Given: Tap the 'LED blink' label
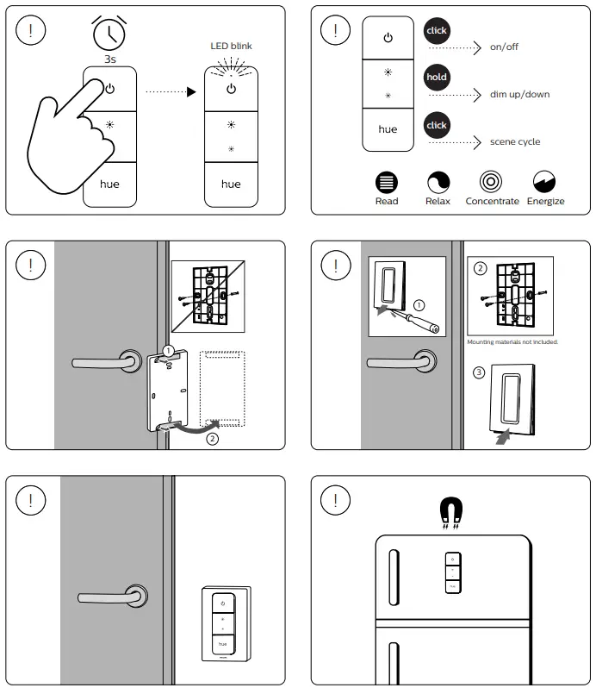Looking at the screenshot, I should [231, 46].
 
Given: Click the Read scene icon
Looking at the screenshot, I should [387, 182].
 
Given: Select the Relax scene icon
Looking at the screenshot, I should [438, 182].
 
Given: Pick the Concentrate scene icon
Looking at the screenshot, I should [492, 182].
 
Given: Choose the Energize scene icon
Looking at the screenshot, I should [544, 182].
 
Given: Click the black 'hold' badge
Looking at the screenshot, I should [437, 77].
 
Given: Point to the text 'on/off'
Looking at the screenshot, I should [504, 47].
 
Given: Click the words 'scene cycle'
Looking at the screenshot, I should [515, 141].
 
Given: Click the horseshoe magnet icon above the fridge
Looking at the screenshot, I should [450, 510].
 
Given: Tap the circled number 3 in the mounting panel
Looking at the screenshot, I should [479, 373].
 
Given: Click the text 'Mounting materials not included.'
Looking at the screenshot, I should [512, 342].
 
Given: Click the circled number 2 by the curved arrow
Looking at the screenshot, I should [212, 438].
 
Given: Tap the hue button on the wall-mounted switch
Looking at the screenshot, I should [222, 644].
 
